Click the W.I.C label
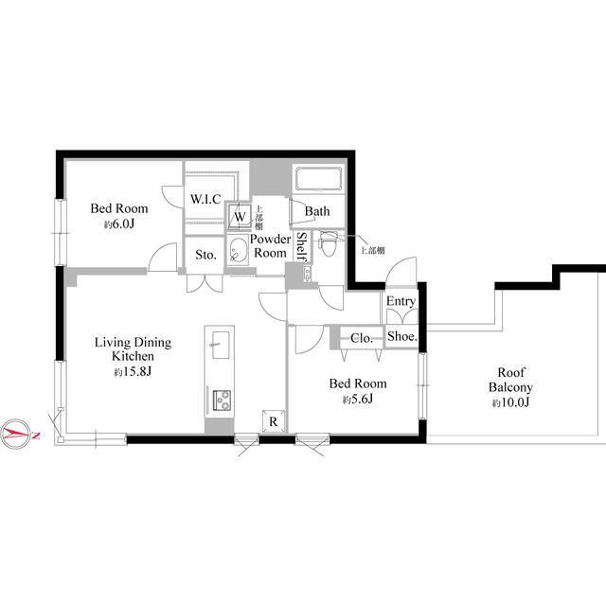tap(205, 199)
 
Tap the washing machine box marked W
tap(240, 216)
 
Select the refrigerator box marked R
tap(274, 420)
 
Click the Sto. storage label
tap(205, 255)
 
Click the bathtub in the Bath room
tap(318, 179)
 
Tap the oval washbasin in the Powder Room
tap(238, 250)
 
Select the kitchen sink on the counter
tap(220, 345)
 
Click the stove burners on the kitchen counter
tap(222, 400)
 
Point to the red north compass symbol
tap(16, 434)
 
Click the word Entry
tap(401, 301)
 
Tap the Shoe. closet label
tap(401, 336)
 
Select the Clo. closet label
tap(362, 338)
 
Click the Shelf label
tap(301, 246)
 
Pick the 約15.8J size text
tap(133, 372)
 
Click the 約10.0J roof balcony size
tap(510, 402)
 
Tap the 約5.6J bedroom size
tap(358, 400)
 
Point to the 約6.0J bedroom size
tap(118, 224)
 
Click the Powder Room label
tap(270, 246)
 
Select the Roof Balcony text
tap(510, 380)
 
